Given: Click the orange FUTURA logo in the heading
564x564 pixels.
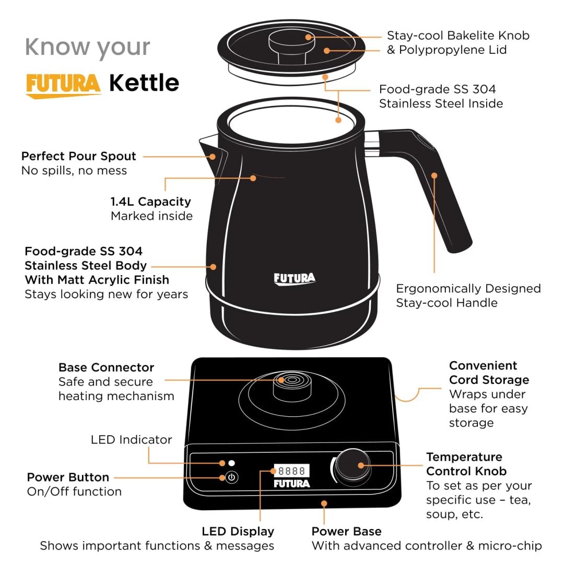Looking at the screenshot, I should pyautogui.click(x=63, y=85).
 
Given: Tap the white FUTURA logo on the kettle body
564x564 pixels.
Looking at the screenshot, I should pyautogui.click(x=295, y=278).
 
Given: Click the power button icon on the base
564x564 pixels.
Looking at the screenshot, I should pyautogui.click(x=232, y=477).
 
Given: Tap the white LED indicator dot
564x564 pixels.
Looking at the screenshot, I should pyautogui.click(x=231, y=463).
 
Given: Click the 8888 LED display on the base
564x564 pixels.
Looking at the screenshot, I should pyautogui.click(x=292, y=471).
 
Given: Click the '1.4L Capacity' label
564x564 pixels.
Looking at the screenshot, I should pyautogui.click(x=150, y=202).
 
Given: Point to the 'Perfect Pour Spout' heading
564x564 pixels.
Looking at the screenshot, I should pyautogui.click(x=78, y=156).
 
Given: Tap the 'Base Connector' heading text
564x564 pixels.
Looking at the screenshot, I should pyautogui.click(x=106, y=367).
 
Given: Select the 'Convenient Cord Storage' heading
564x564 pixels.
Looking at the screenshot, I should pyautogui.click(x=489, y=373).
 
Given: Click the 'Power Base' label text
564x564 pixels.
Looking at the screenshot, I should pyautogui.click(x=346, y=531).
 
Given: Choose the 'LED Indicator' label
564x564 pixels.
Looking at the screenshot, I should pyautogui.click(x=131, y=440).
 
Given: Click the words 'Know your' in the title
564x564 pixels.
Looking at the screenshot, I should pyautogui.click(x=87, y=47).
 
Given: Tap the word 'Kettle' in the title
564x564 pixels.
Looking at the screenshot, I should pyautogui.click(x=144, y=83).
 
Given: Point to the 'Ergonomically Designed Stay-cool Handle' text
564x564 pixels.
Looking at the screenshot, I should pyautogui.click(x=468, y=296).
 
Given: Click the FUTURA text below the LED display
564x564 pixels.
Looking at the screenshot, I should pyautogui.click(x=292, y=484).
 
